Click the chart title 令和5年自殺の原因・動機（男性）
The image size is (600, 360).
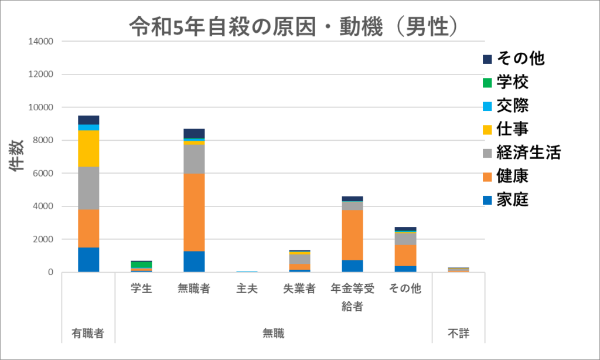[x=292, y=26]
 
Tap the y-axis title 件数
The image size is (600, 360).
[x=16, y=155]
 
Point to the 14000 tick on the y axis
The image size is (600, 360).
[x=40, y=42]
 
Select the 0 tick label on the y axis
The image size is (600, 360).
[x=50, y=272]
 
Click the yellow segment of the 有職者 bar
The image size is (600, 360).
[x=88, y=148]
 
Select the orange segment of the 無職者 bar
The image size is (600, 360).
[x=194, y=212]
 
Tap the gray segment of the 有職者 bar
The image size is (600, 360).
[x=88, y=188]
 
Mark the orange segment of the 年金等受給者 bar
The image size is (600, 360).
[x=352, y=235]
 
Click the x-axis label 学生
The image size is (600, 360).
[x=141, y=288]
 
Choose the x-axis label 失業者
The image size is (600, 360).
[x=299, y=288]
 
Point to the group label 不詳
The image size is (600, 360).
[x=459, y=334]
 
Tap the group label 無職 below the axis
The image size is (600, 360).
[x=273, y=334]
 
